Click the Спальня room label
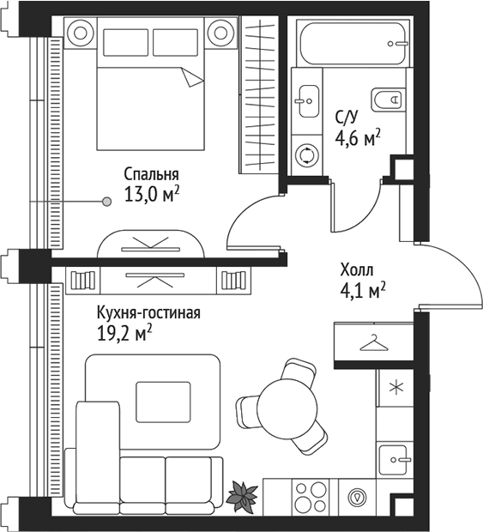click(151, 172)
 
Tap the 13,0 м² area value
click(152, 194)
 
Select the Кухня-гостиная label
click(148, 312)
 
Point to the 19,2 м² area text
click(125, 332)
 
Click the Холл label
click(358, 269)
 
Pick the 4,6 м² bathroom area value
click(357, 137)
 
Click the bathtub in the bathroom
click(353, 41)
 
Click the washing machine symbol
click(306, 155)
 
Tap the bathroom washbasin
click(305, 100)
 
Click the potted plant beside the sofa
click(243, 494)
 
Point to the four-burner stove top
click(311, 497)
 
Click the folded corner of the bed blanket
click(194, 77)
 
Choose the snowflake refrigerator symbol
click(395, 386)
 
